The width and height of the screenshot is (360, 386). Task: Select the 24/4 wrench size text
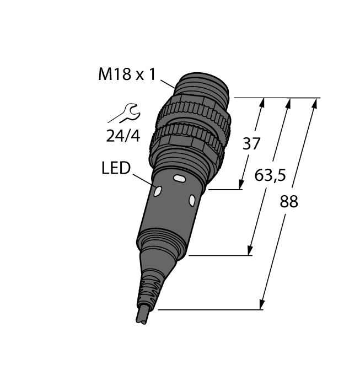[x=123, y=136]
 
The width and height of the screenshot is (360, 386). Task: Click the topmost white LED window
[x=179, y=179]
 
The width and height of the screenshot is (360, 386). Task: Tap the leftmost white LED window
[x=157, y=191]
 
